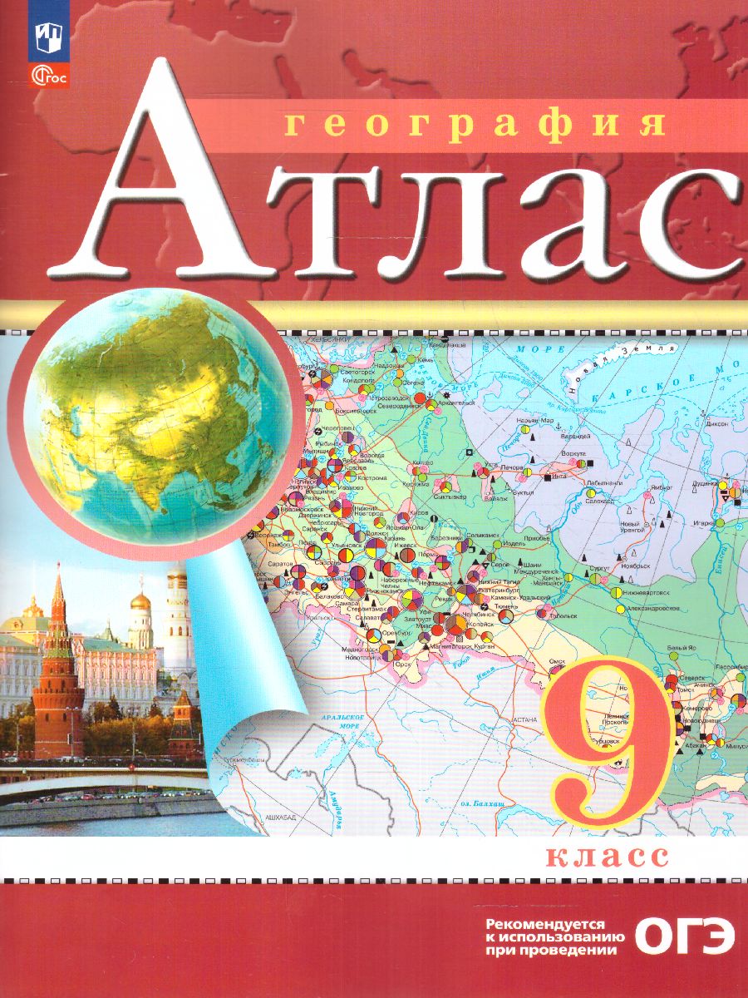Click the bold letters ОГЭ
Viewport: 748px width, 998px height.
click(x=683, y=937)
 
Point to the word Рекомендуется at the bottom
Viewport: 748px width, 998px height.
click(x=549, y=925)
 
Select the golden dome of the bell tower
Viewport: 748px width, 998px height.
click(x=140, y=599)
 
